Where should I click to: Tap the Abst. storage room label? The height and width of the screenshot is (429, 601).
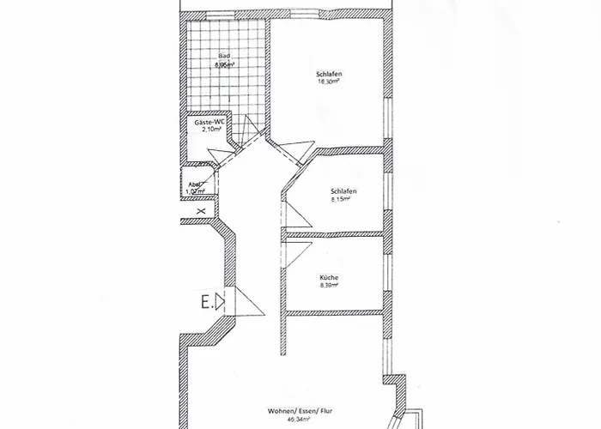195,184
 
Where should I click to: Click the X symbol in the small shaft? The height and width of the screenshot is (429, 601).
200,209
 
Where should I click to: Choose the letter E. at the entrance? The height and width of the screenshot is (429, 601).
206,301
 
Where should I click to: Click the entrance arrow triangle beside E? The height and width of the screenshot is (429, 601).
221,301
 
